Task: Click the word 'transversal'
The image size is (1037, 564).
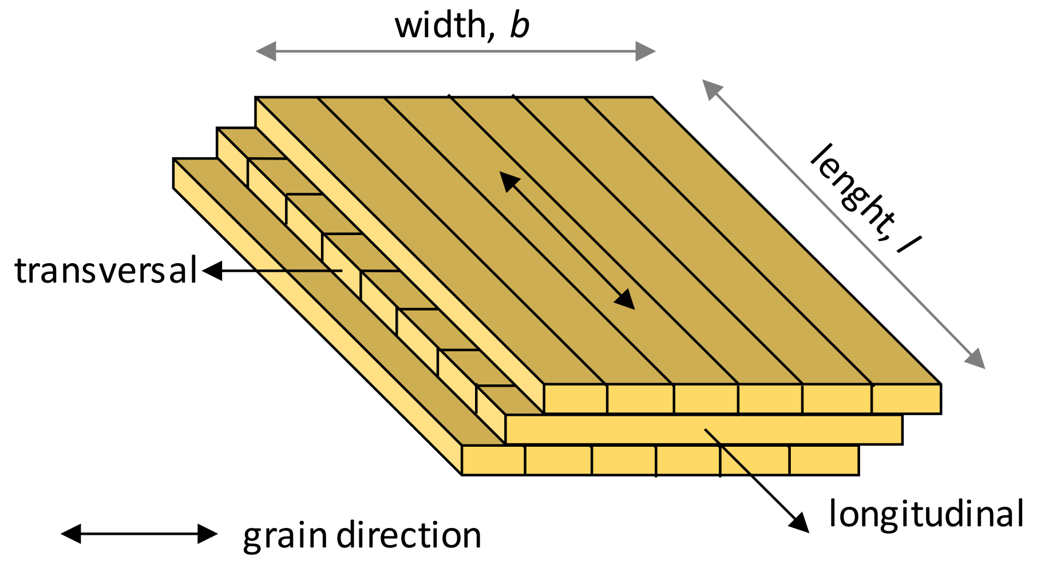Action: coord(106,271)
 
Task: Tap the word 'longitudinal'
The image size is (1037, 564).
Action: coord(925,514)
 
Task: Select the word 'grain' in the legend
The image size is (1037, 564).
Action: coord(285,536)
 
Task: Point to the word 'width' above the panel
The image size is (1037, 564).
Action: coord(440,26)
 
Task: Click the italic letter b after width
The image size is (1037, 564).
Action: coord(520,26)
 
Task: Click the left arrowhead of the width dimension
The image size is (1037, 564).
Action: coord(264,51)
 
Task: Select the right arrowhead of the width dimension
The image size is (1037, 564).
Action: coord(646,51)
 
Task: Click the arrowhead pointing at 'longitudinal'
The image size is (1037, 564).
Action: coord(799,523)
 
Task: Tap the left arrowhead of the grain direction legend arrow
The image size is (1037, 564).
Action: coord(71,534)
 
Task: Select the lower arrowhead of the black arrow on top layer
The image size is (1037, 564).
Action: coord(626,300)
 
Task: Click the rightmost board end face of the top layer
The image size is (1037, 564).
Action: coord(906,399)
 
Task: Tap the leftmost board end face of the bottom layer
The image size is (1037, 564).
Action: coord(493,460)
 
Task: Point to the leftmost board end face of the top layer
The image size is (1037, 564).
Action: coord(575,399)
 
